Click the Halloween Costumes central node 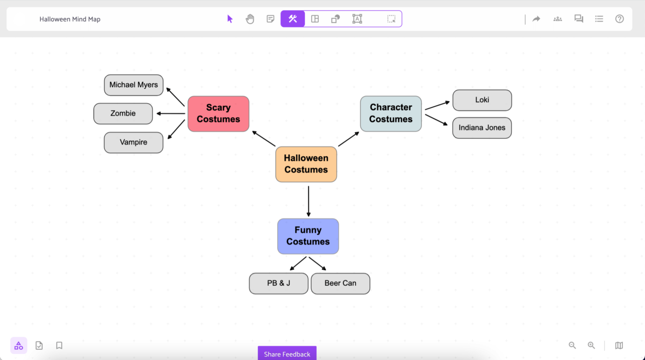(x=306, y=164)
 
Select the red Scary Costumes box (x=218, y=113)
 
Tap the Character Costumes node (x=391, y=113)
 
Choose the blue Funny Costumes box (x=308, y=236)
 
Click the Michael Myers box (x=134, y=85)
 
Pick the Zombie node (x=123, y=113)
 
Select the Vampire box (x=134, y=142)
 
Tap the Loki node (x=482, y=100)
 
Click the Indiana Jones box (x=482, y=128)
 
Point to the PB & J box (x=278, y=283)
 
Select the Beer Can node (x=340, y=283)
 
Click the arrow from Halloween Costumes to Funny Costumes (x=309, y=201)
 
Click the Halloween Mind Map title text (x=70, y=19)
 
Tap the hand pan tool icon (x=250, y=19)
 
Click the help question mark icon (x=620, y=19)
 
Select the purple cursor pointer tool (x=230, y=19)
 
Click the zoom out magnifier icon (x=572, y=345)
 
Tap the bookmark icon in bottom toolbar (x=59, y=345)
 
